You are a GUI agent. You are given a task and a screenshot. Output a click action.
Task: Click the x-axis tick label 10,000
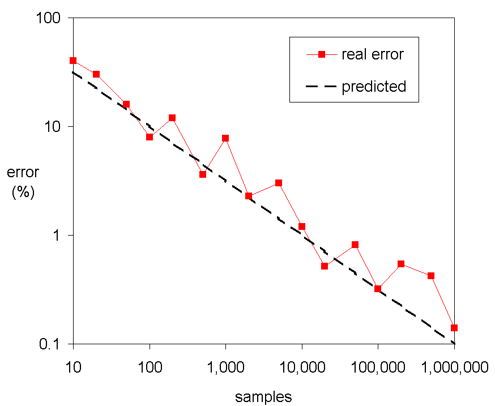(x=302, y=367)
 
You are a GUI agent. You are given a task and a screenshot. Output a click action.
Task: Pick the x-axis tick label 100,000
(x=378, y=367)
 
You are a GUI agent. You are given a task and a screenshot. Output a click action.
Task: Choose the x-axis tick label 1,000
(x=225, y=367)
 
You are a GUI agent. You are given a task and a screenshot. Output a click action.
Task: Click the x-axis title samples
(x=263, y=397)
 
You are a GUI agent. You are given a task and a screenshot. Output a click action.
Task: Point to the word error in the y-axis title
(x=23, y=173)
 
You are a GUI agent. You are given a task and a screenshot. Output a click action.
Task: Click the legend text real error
(x=373, y=54)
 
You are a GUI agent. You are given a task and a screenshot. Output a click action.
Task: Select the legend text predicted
(x=374, y=87)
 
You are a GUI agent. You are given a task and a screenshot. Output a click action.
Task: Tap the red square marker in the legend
(x=321, y=54)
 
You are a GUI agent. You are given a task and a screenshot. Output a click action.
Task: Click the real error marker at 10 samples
(x=73, y=61)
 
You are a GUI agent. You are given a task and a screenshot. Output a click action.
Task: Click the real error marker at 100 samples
(x=150, y=137)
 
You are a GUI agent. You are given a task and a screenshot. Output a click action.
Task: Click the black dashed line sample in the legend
(x=321, y=87)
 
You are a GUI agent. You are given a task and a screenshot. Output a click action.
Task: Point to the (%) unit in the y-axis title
(x=23, y=191)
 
